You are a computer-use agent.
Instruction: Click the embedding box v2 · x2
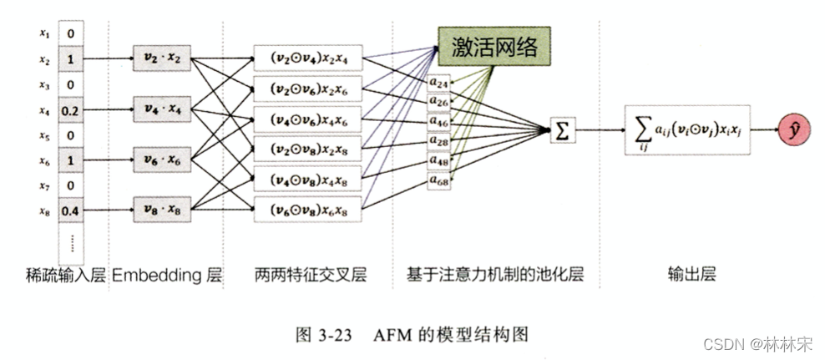click(x=164, y=59)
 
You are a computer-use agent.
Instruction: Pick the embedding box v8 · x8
click(x=164, y=212)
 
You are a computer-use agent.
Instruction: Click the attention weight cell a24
click(x=439, y=84)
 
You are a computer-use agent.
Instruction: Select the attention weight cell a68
click(x=439, y=179)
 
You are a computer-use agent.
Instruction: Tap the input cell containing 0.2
click(x=70, y=110)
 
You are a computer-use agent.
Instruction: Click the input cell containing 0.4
click(x=70, y=210)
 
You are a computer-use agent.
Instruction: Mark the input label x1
click(x=44, y=34)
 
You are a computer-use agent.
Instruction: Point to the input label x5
click(x=44, y=135)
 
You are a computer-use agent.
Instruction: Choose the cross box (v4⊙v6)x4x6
click(x=309, y=119)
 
